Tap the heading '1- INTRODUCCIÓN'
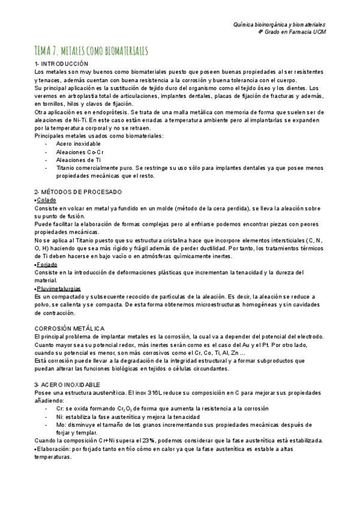pos(61,63)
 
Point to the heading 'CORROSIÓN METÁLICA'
pos(70,328)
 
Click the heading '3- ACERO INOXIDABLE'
pos(68,384)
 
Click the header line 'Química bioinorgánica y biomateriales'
pos(279,25)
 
